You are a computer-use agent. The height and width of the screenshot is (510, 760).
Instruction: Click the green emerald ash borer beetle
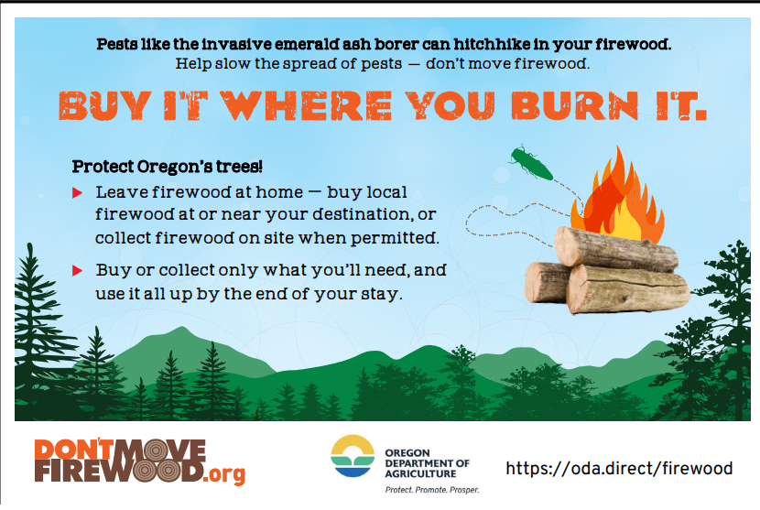531,163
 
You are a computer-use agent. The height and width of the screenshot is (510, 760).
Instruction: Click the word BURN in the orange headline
574,105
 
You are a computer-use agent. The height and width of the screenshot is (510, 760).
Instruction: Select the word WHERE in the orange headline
306,105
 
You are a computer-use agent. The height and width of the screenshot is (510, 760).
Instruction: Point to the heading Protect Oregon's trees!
168,167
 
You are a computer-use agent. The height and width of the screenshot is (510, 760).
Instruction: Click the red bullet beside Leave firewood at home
77,193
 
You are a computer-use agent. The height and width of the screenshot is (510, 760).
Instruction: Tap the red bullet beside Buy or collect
77,270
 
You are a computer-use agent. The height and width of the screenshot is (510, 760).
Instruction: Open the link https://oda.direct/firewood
619,468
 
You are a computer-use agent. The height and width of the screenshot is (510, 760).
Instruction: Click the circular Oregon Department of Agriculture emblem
353,456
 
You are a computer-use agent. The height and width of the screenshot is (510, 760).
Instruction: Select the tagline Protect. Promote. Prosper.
432,490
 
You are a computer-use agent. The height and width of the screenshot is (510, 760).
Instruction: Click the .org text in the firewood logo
223,473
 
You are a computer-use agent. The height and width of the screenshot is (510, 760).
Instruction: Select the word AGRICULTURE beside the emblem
420,473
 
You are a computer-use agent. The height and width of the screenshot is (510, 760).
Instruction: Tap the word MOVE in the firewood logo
162,450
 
